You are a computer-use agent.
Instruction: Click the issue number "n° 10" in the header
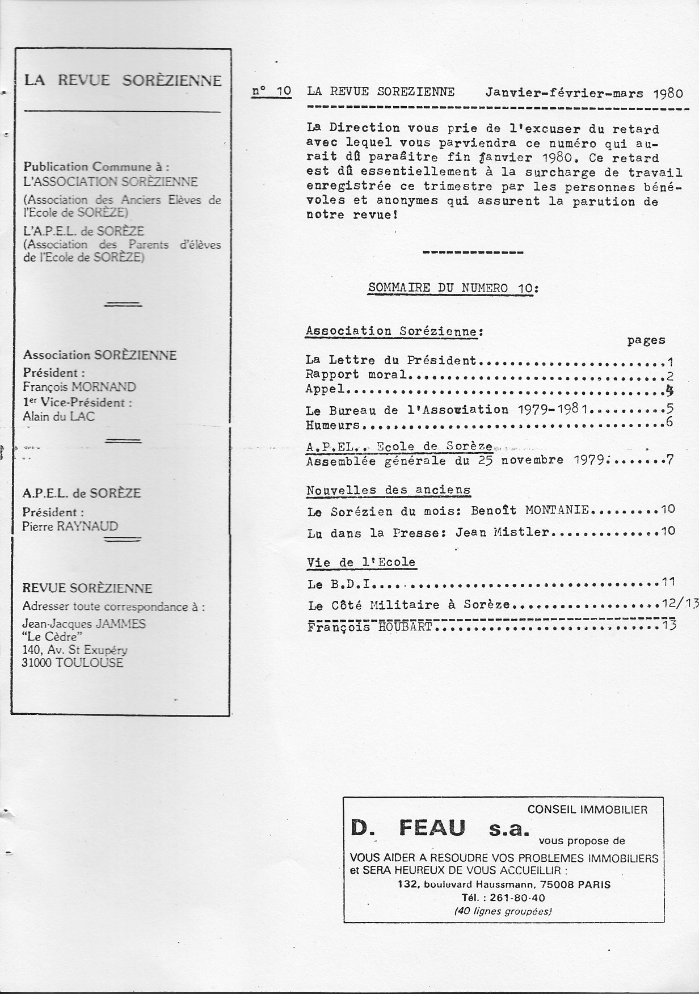(x=272, y=92)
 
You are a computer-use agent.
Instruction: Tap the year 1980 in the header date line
(x=667, y=93)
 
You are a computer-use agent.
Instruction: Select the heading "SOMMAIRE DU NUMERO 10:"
(x=453, y=288)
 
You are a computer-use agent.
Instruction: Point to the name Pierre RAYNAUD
(x=70, y=526)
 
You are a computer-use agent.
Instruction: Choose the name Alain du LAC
(x=58, y=416)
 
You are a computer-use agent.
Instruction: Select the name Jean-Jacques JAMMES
(x=83, y=624)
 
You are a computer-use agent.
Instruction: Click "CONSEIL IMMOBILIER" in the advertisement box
(x=587, y=810)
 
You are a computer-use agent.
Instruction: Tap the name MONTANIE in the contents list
(x=558, y=510)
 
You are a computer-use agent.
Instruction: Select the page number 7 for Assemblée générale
(x=669, y=460)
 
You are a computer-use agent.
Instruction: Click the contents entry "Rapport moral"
(x=356, y=374)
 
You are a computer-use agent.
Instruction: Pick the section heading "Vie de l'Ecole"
(x=361, y=563)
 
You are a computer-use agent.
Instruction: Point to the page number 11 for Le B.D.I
(x=668, y=582)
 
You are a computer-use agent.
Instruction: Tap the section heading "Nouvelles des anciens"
(x=389, y=490)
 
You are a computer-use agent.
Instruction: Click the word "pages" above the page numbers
(x=646, y=340)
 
